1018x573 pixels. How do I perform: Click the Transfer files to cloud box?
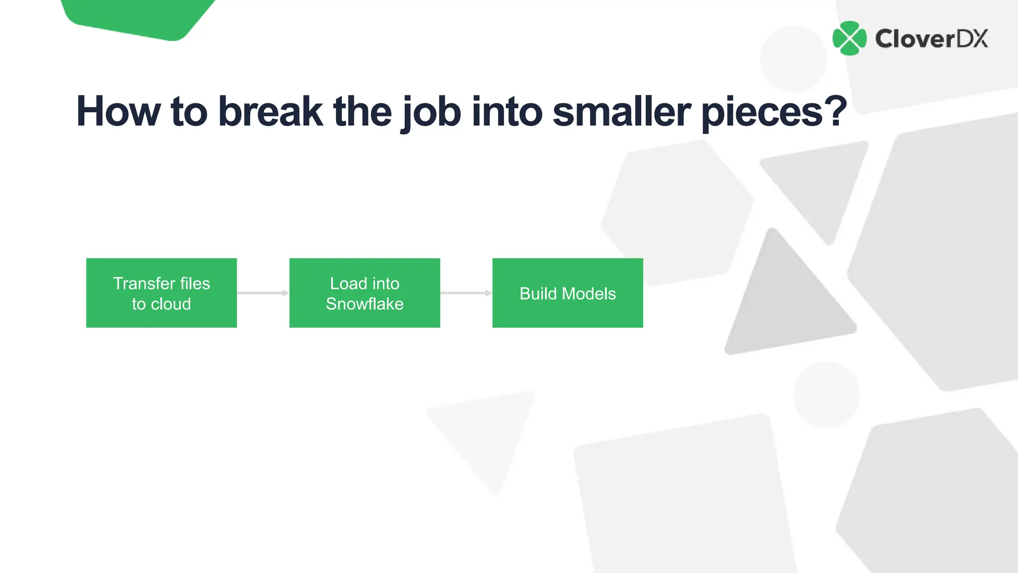coord(161,292)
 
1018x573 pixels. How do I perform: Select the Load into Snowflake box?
coord(364,292)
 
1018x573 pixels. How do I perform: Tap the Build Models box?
coord(567,292)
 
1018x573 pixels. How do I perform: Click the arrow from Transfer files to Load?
coord(263,293)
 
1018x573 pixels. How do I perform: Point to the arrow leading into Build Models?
coord(466,293)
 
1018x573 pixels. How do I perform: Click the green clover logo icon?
coord(849,38)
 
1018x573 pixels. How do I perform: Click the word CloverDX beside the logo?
coord(932,39)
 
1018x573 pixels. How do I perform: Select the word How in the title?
coord(118,111)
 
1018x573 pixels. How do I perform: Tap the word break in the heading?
coord(270,111)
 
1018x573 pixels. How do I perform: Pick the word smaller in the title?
coord(621,111)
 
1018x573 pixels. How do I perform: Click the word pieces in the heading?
coord(762,113)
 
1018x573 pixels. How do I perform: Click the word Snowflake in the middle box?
coord(364,304)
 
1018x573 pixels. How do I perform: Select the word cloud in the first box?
coord(171,304)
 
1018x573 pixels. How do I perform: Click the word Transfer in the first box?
coord(144,283)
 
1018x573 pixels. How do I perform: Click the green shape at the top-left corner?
coord(139,17)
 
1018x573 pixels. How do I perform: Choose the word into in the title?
coord(507,111)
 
